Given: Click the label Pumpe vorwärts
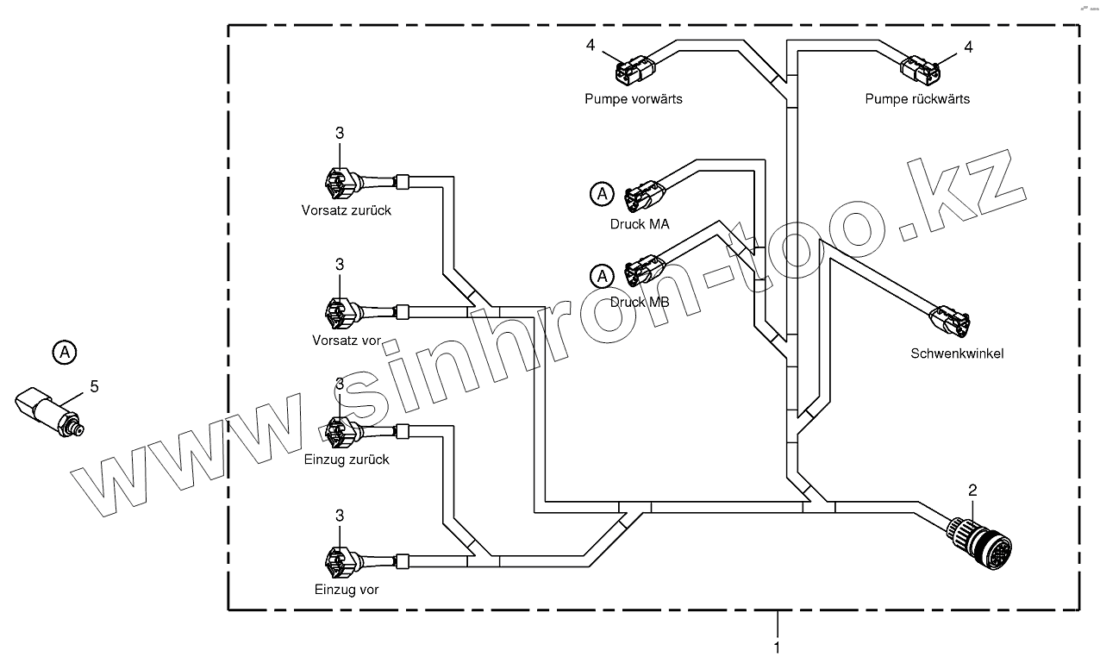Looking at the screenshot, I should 633,99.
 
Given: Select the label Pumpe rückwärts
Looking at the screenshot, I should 917,99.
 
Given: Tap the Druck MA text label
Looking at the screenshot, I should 639,224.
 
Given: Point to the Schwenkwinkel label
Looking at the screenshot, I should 957,353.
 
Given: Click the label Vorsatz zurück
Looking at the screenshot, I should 346,210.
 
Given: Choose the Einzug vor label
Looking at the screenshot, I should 346,591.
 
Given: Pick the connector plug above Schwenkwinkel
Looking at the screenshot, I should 951,322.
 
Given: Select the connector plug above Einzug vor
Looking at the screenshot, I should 338,562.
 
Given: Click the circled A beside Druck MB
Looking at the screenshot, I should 601,276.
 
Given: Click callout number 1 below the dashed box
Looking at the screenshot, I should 777,646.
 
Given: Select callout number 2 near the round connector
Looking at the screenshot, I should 972,491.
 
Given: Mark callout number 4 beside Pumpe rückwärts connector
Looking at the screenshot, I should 968,47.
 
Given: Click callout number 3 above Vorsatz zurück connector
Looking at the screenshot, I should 340,133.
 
